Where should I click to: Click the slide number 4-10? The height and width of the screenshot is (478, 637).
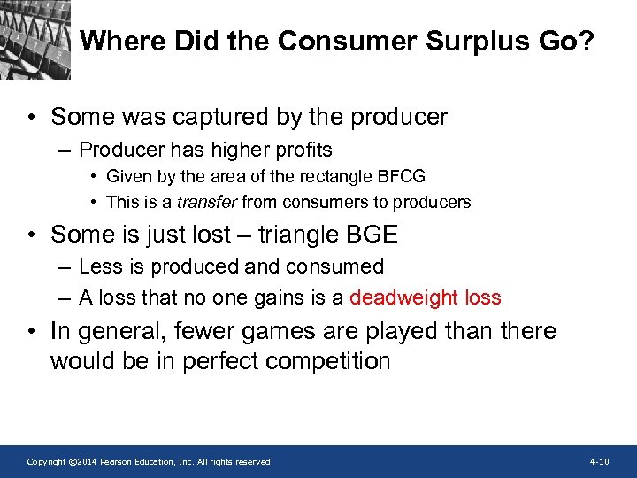click(x=599, y=462)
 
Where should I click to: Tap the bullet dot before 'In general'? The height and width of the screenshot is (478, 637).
click(x=31, y=332)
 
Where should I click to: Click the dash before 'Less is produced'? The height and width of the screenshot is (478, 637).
click(x=66, y=267)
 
